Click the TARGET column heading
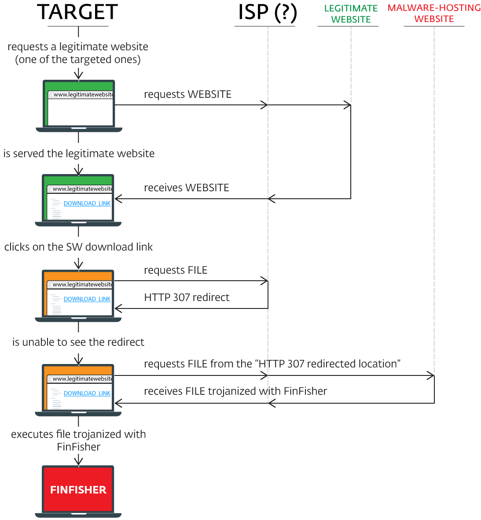tap(77, 12)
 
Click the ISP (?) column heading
tap(267, 12)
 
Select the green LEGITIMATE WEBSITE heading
tap(351, 14)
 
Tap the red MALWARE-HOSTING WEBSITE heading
tap(434, 13)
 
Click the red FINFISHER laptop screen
tap(78, 490)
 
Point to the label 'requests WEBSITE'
tap(187, 94)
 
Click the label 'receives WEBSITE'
tap(186, 188)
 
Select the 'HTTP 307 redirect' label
tap(187, 297)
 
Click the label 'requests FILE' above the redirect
tap(176, 270)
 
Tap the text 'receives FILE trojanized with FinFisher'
tap(235, 391)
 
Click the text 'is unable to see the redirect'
tap(78, 342)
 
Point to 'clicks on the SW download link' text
tap(78, 247)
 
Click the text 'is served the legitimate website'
tap(79, 153)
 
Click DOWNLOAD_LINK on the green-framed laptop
tap(87, 204)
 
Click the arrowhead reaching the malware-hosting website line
tap(431, 376)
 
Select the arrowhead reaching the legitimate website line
tap(348, 105)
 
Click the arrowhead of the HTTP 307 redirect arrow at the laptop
tap(118, 308)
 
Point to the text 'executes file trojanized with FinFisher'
tap(78, 440)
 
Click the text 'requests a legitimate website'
tap(78, 47)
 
